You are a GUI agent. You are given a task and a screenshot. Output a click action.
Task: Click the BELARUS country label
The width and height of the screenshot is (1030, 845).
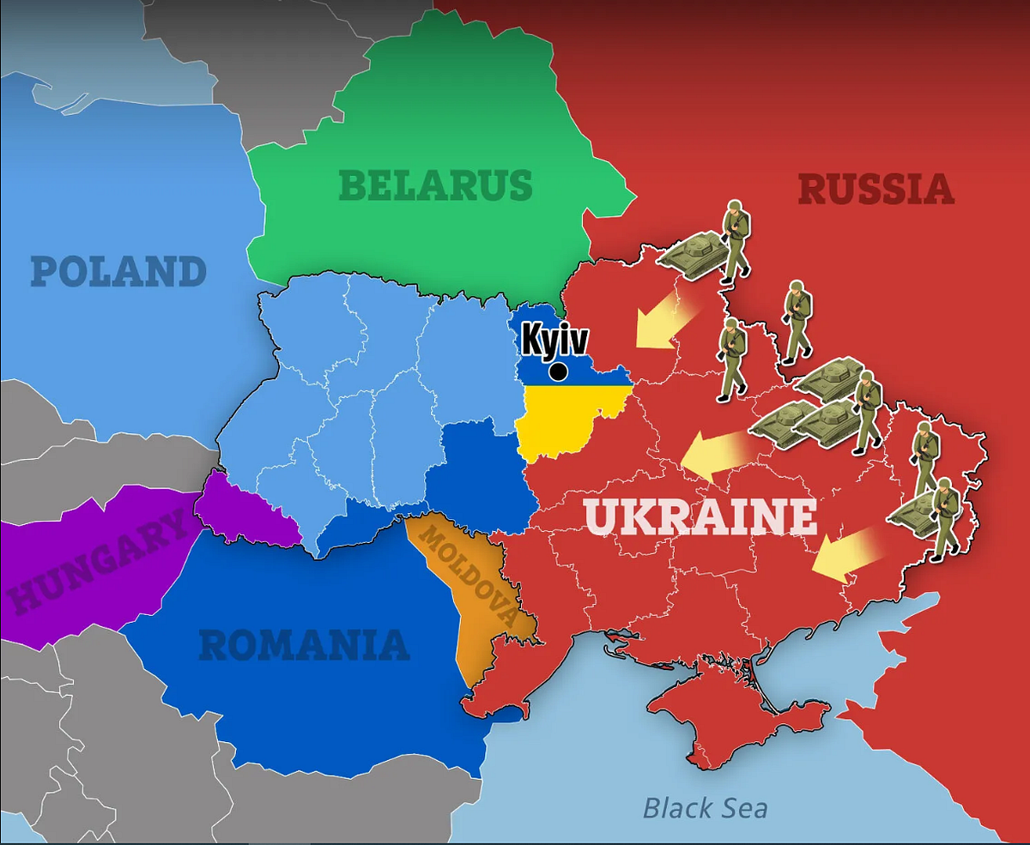(x=435, y=185)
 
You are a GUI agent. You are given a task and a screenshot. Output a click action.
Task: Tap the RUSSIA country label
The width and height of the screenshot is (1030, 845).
(x=875, y=189)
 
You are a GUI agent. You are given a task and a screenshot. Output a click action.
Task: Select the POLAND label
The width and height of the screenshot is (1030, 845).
(x=118, y=272)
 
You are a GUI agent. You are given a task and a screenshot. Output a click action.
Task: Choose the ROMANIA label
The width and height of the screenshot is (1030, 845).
(x=304, y=645)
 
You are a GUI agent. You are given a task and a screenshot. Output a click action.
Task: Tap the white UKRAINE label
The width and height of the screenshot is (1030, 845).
(x=700, y=516)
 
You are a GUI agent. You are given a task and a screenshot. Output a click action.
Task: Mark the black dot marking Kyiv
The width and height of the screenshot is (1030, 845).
(x=558, y=371)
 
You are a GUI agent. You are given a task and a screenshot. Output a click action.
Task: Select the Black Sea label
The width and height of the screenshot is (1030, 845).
(x=705, y=807)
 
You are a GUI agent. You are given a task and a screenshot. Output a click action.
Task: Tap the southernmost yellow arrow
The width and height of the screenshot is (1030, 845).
(x=845, y=556)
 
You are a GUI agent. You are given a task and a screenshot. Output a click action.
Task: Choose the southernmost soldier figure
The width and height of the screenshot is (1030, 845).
(x=945, y=519)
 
